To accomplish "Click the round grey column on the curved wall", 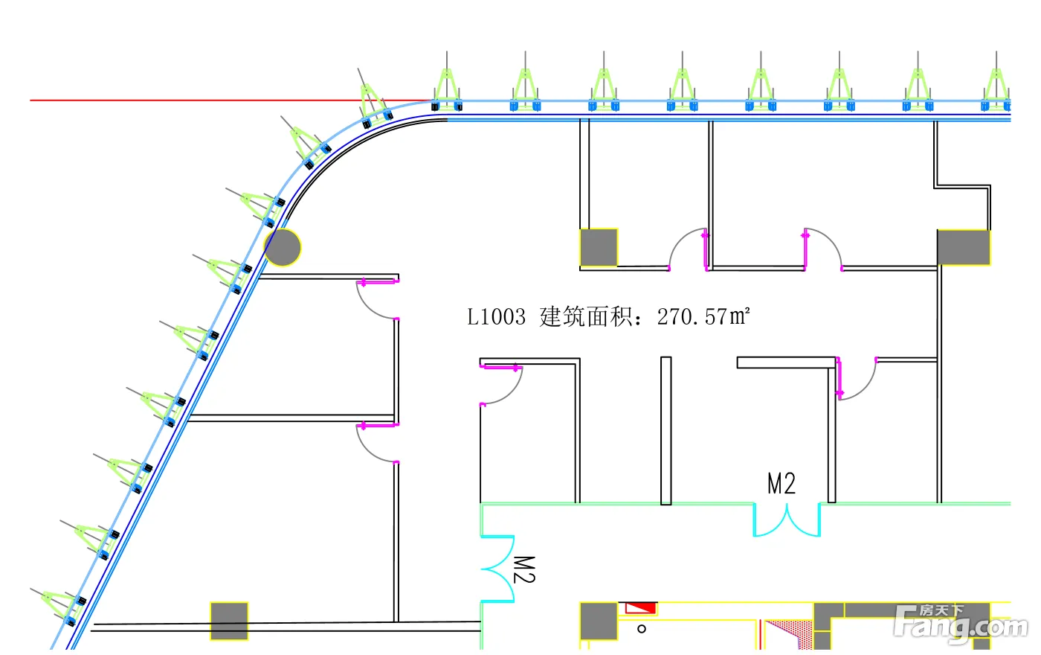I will (283, 247).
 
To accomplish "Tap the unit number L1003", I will (496, 317).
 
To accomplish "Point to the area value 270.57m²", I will (703, 317).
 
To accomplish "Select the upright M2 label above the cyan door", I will (781, 484).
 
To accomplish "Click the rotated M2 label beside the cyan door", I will (524, 569).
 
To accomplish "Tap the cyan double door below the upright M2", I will (786, 520).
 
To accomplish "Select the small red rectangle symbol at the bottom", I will (640, 608).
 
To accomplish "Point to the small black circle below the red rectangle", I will (642, 629).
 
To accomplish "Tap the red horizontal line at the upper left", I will (186, 100).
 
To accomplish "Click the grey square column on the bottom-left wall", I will (229, 621).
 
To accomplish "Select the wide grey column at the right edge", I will (963, 247).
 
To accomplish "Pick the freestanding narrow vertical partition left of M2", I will (666, 430).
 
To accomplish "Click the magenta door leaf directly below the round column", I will (378, 281).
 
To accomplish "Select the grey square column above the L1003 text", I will (599, 247).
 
